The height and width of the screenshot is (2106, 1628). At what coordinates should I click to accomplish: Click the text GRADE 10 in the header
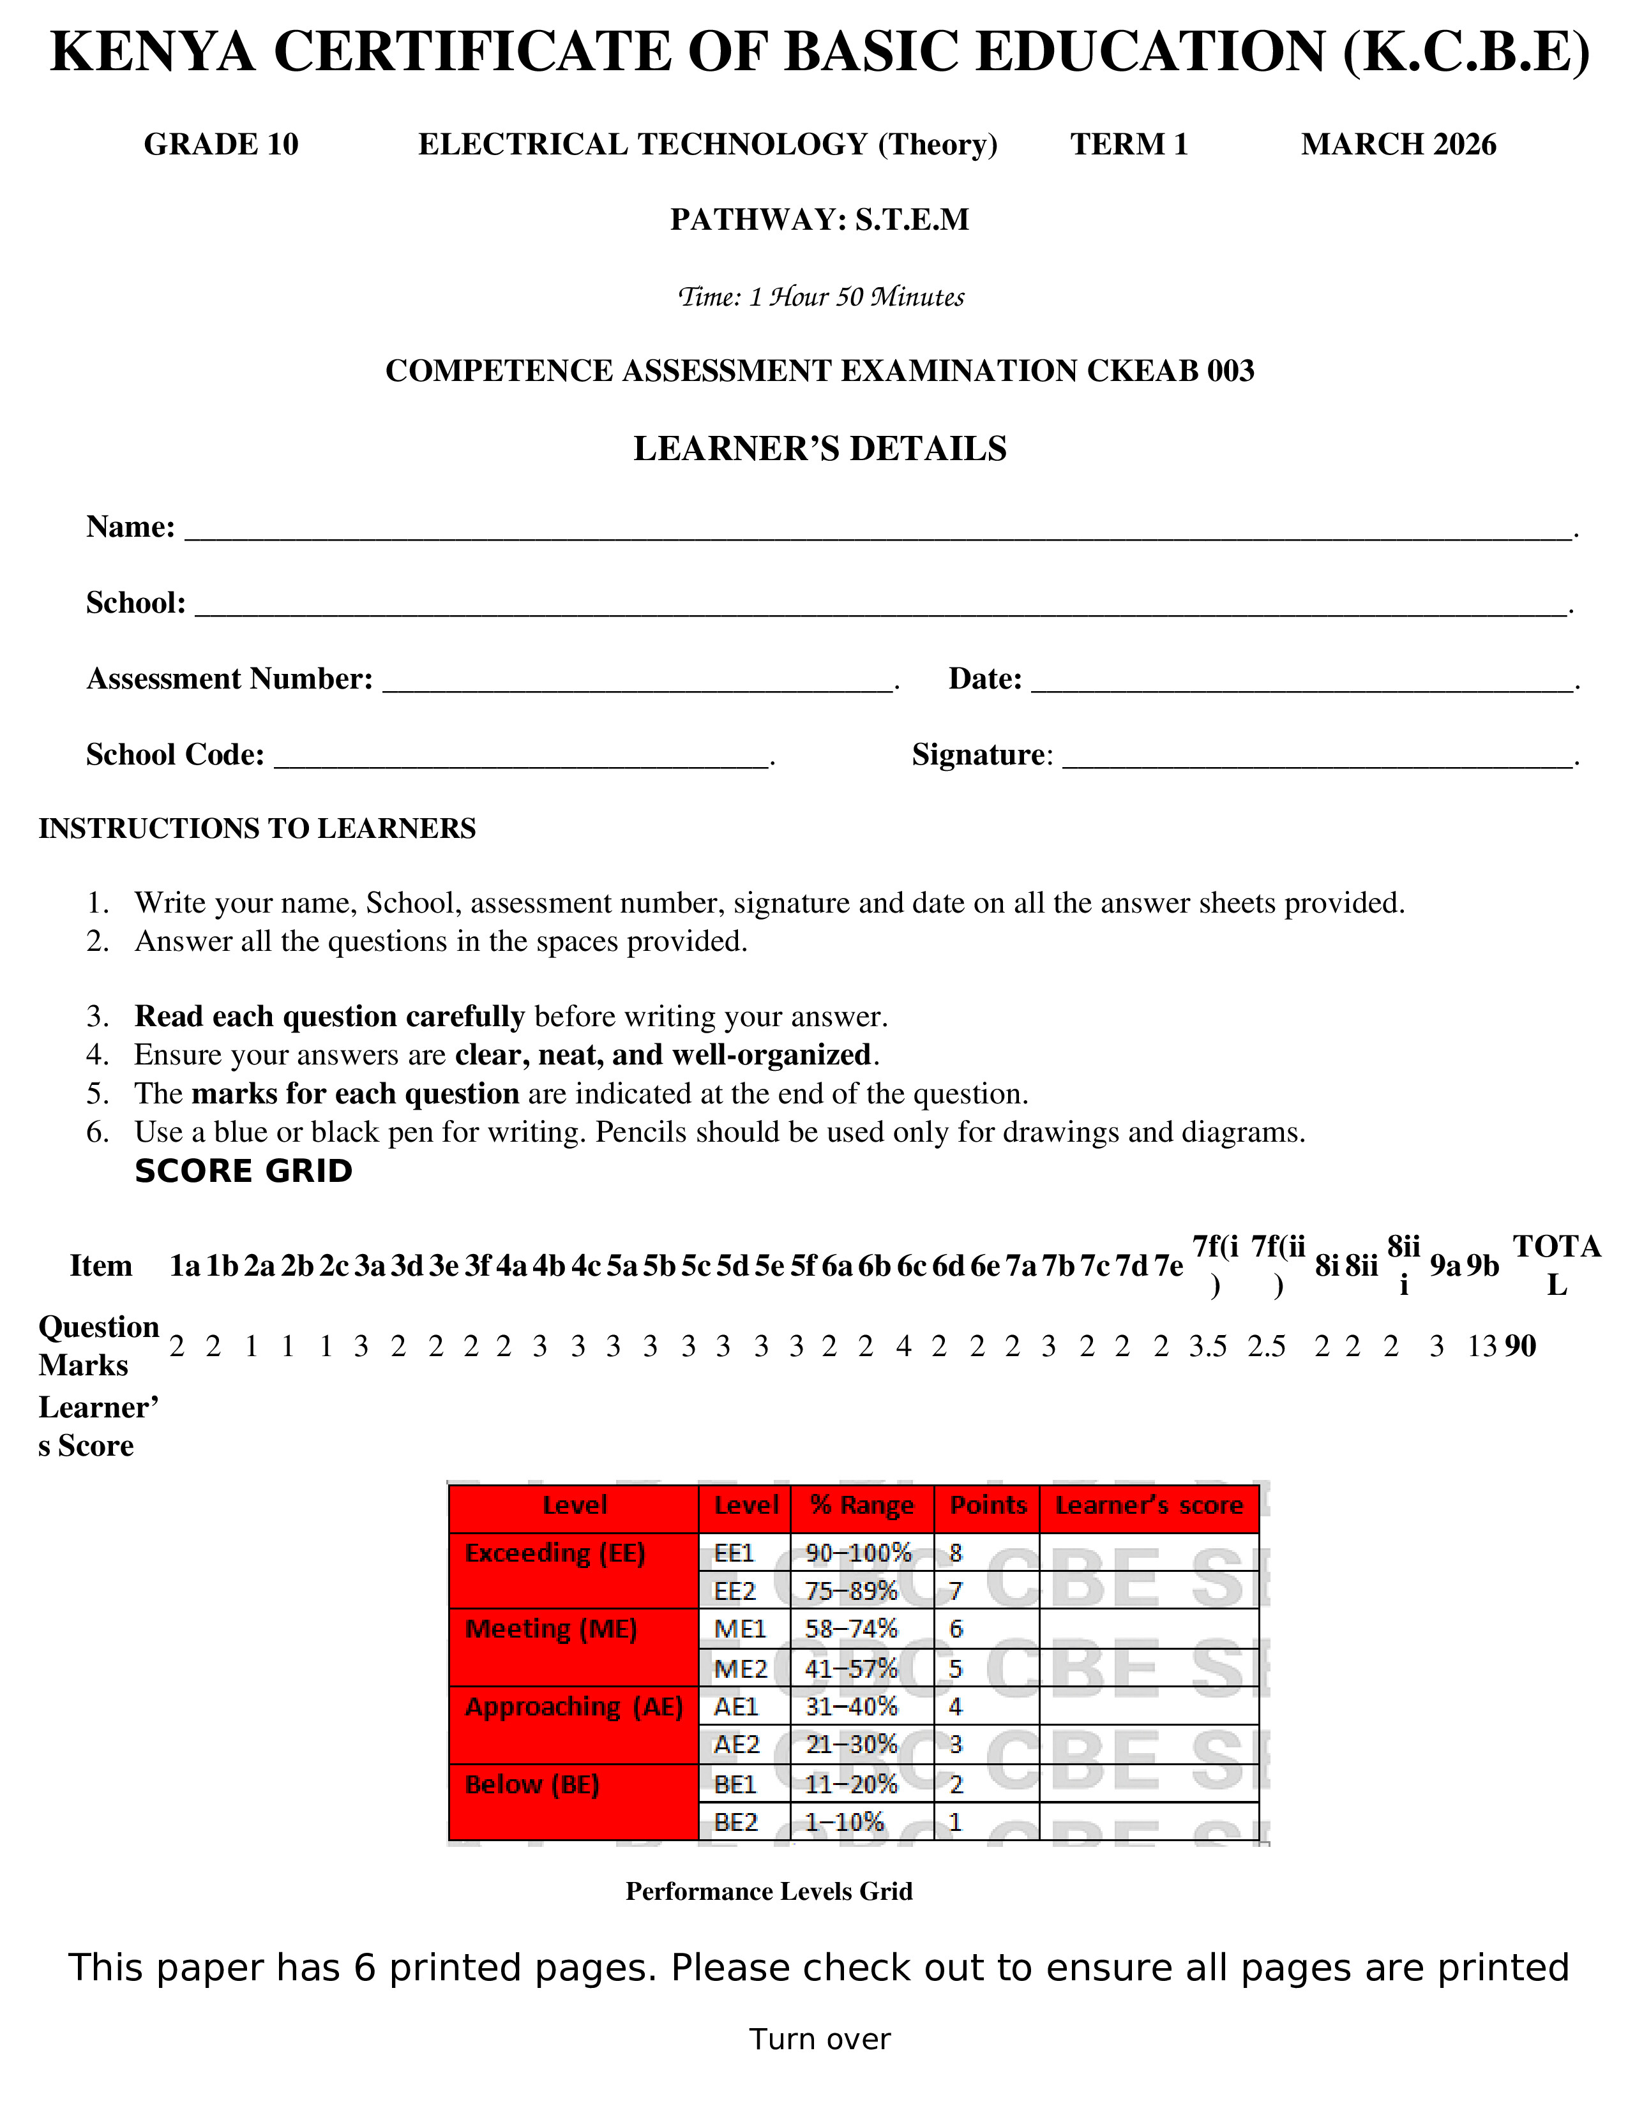pos(221,145)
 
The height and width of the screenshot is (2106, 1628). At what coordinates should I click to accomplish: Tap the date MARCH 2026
pos(1398,145)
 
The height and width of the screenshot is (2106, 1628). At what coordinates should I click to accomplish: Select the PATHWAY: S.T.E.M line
pos(820,220)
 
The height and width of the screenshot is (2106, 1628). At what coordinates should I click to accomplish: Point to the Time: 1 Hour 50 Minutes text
pos(821,297)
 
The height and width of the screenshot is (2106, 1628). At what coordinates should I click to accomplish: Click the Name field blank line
pos(878,530)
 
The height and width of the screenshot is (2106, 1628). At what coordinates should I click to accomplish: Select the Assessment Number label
pos(230,679)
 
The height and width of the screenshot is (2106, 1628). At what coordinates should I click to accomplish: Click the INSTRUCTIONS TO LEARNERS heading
pos(257,828)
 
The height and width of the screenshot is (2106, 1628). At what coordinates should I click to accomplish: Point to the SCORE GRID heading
pos(244,1172)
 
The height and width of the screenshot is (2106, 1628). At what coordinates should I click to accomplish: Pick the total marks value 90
pos(1520,1346)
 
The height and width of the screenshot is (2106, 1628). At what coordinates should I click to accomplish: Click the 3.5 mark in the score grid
pos(1207,1346)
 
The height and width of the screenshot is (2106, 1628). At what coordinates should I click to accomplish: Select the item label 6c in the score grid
pos(912,1266)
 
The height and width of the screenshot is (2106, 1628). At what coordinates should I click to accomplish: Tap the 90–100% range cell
pos(858,1553)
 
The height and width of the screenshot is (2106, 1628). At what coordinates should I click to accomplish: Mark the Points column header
pos(988,1505)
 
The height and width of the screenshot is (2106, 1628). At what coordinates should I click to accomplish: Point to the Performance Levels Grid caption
pos(769,1891)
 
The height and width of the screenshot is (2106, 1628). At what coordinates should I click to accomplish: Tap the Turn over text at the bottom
pos(820,2040)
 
